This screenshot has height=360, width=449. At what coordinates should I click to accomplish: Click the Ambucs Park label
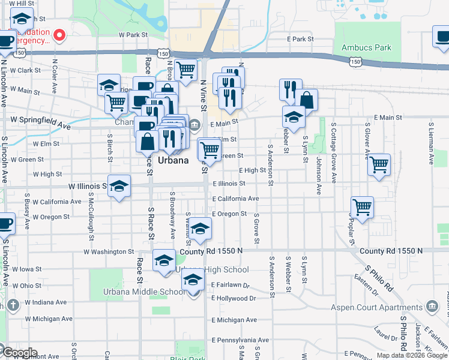[366, 47]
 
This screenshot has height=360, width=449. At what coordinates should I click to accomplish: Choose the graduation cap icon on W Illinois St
[119, 185]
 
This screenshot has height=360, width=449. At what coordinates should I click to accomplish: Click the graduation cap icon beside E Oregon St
[201, 227]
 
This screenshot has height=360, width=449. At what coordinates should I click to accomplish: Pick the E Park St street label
[300, 39]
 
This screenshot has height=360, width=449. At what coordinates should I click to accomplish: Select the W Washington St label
[109, 252]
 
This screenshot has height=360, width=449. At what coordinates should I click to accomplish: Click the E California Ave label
[235, 199]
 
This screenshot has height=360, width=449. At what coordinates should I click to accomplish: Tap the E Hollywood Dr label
[234, 298]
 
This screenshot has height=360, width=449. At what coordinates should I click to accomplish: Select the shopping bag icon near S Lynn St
[306, 100]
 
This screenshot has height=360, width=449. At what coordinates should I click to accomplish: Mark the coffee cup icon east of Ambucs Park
[442, 37]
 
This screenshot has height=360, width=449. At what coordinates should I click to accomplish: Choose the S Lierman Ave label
[430, 144]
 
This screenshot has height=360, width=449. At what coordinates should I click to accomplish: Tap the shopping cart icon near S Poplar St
[362, 207]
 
